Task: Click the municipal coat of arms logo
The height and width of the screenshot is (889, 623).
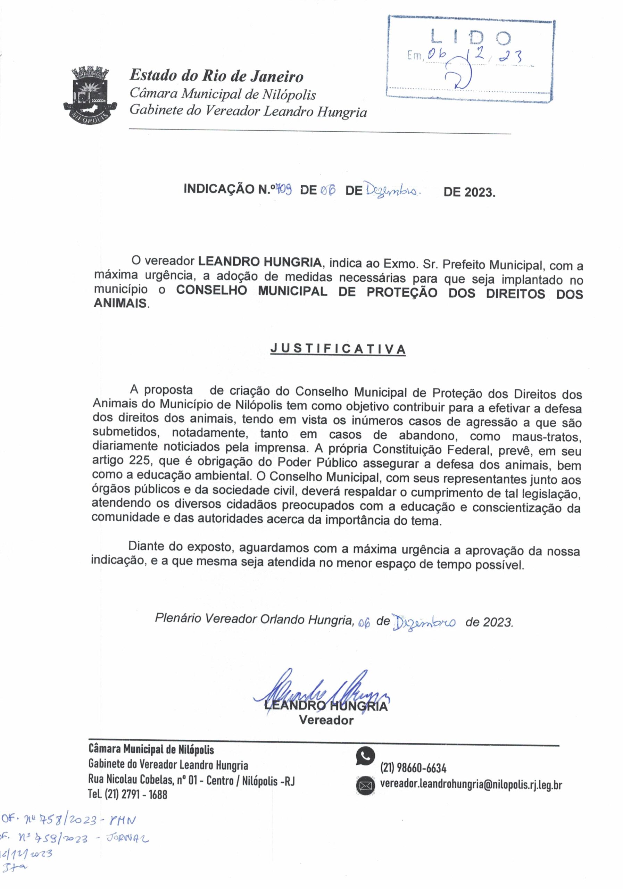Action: pyautogui.click(x=90, y=94)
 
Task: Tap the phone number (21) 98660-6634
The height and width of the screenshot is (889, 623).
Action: pyautogui.click(x=413, y=767)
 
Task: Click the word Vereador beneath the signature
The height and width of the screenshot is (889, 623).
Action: pyautogui.click(x=326, y=720)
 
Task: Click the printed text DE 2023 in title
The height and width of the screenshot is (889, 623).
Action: pyautogui.click(x=469, y=192)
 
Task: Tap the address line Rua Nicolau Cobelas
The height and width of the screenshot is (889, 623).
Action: pyautogui.click(x=191, y=779)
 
